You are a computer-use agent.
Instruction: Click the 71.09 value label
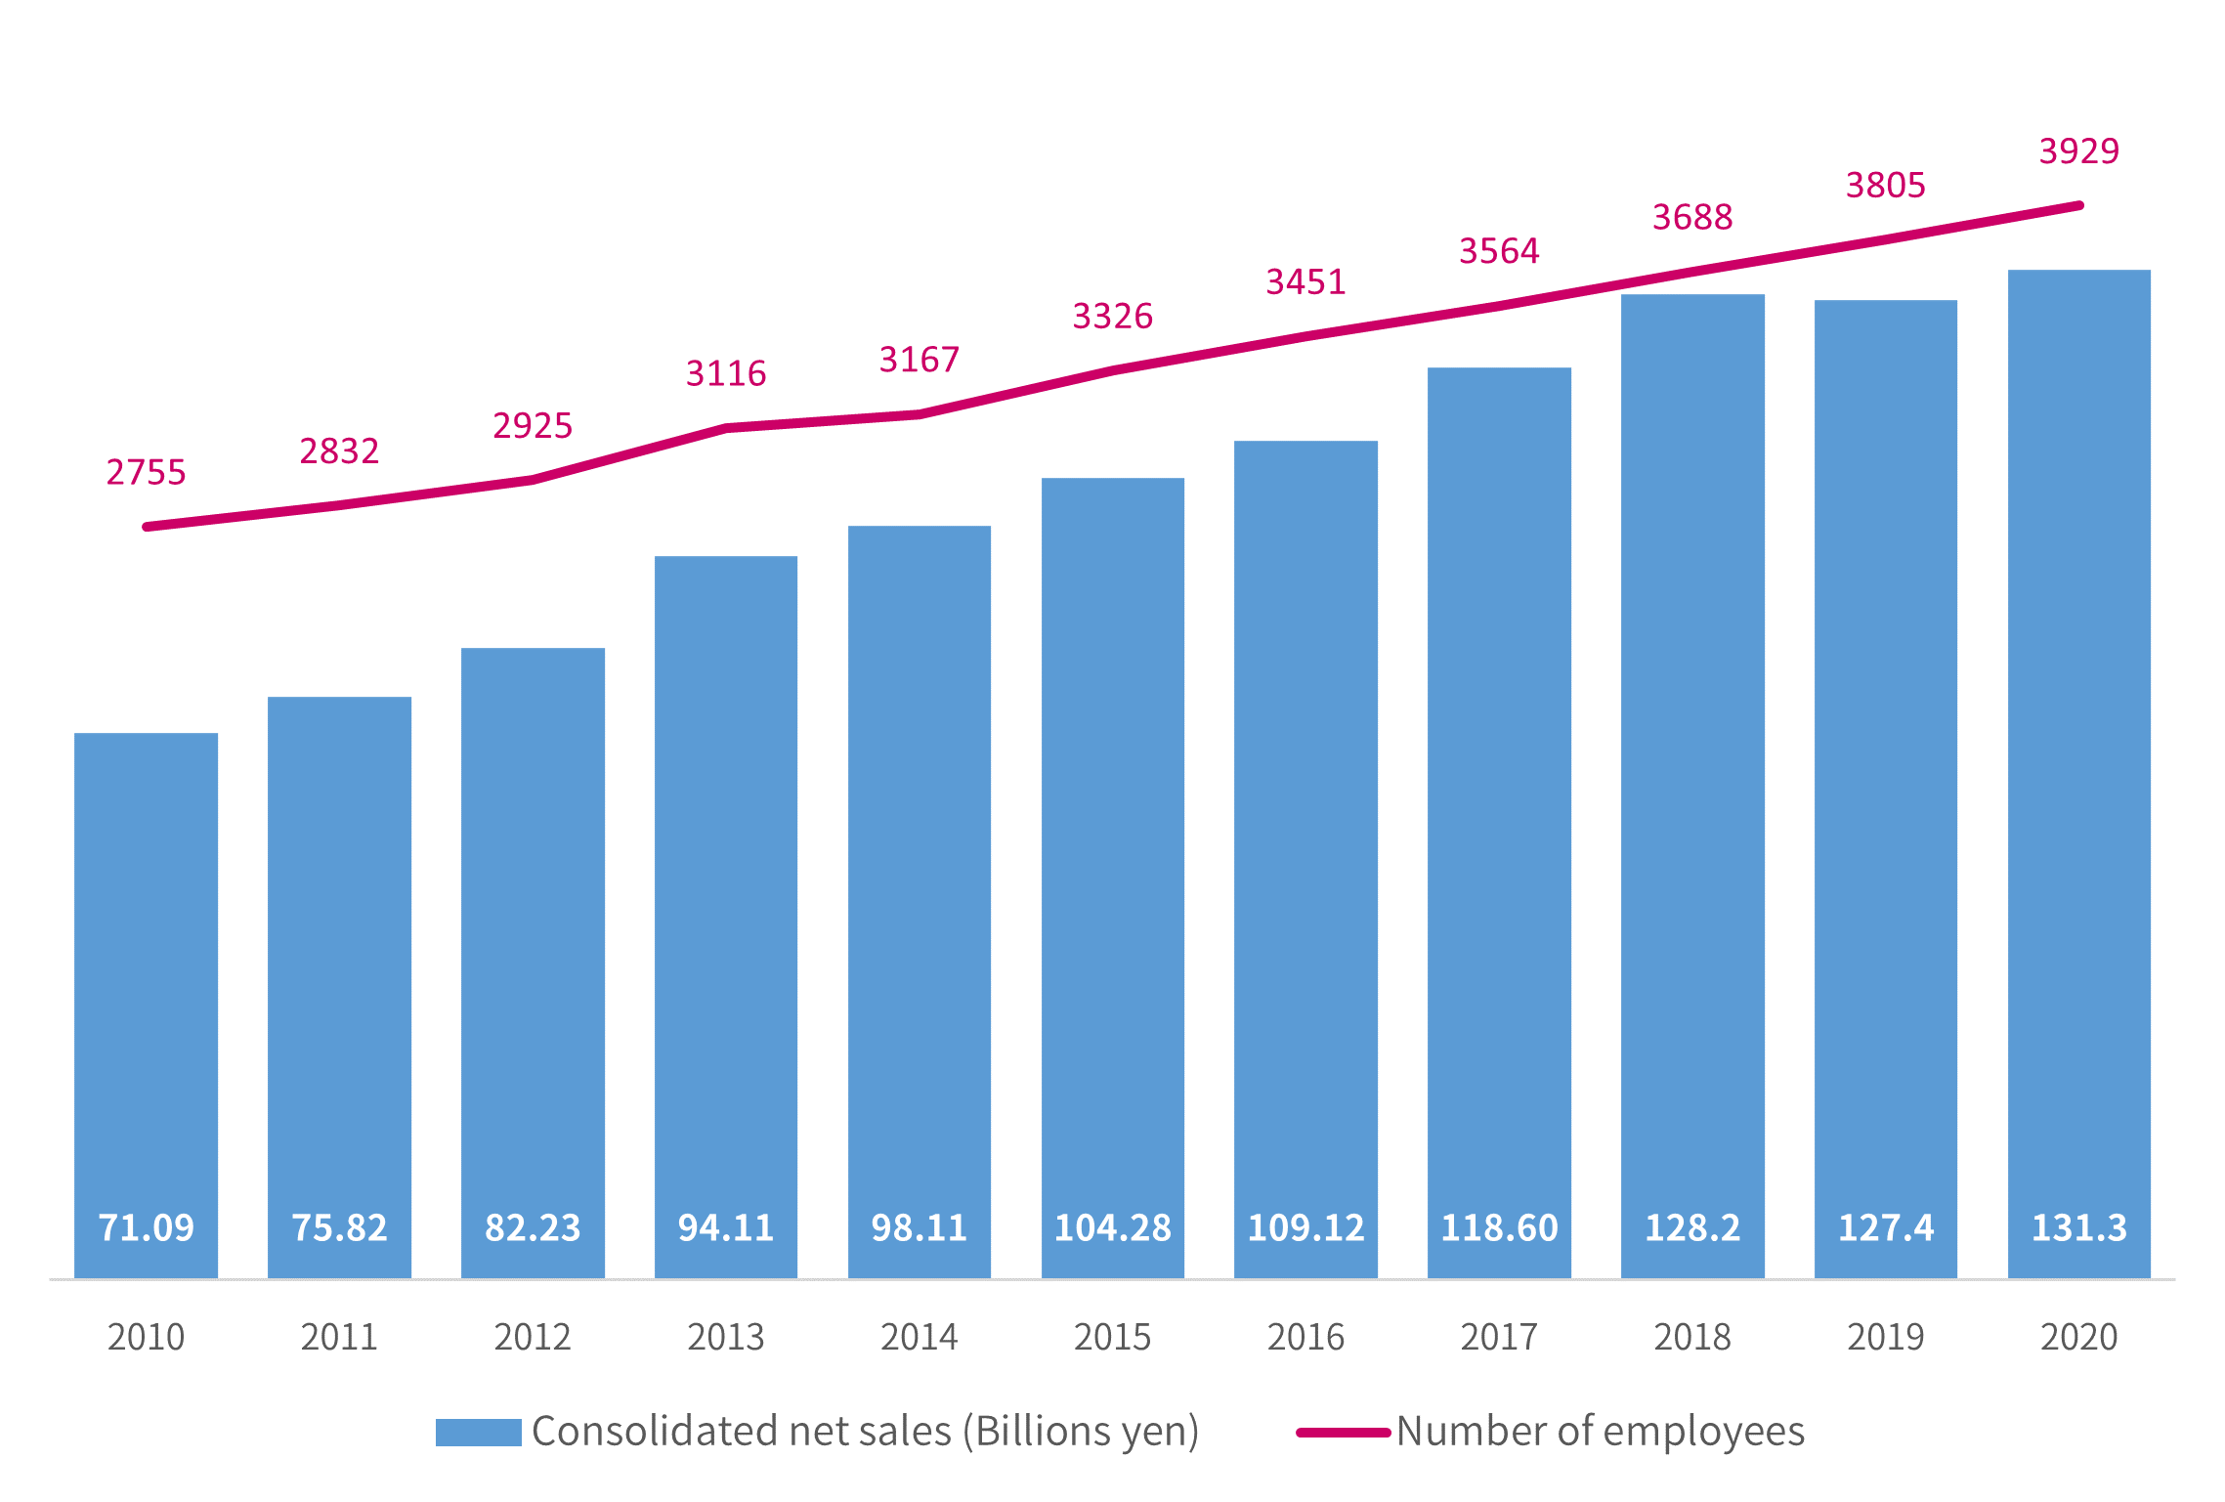click(x=146, y=1227)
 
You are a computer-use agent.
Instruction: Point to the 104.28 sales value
click(x=1112, y=1227)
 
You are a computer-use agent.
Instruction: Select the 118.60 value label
click(x=1499, y=1227)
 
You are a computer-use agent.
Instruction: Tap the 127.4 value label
click(x=1885, y=1227)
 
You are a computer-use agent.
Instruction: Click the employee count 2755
click(x=146, y=472)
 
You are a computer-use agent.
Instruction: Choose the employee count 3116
click(x=726, y=373)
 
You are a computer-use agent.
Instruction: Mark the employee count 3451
click(x=1305, y=281)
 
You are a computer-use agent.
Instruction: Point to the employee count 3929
click(x=2078, y=150)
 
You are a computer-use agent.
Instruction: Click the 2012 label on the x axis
click(x=532, y=1336)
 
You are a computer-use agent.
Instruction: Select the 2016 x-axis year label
click(x=1305, y=1336)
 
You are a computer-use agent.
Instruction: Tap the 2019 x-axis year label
click(x=1885, y=1336)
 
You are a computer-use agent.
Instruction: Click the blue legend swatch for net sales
click(x=478, y=1432)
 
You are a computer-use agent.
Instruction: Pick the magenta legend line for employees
click(x=1343, y=1433)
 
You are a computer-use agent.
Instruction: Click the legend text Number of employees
click(x=1600, y=1431)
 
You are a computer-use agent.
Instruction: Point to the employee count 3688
click(x=1692, y=217)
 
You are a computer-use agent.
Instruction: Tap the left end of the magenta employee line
click(x=148, y=527)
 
